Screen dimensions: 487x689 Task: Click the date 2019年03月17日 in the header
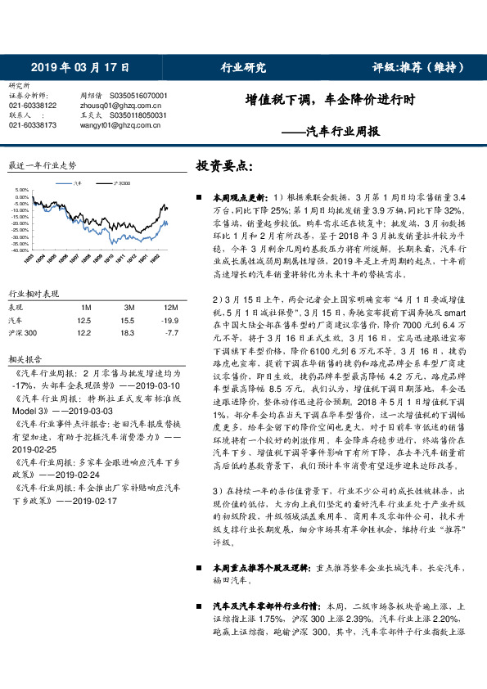(x=74, y=67)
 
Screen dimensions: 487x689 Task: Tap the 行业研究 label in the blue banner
(x=243, y=67)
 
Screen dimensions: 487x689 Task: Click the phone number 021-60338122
(x=33, y=106)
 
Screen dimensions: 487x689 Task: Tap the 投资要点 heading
(x=223, y=166)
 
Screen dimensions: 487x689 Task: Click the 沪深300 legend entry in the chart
(x=119, y=184)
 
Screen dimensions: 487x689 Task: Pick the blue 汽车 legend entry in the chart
(x=78, y=184)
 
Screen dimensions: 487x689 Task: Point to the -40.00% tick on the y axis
(x=19, y=250)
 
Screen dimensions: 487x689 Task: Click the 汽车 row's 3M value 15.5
(x=126, y=321)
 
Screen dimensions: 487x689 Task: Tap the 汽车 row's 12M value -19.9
(x=169, y=321)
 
